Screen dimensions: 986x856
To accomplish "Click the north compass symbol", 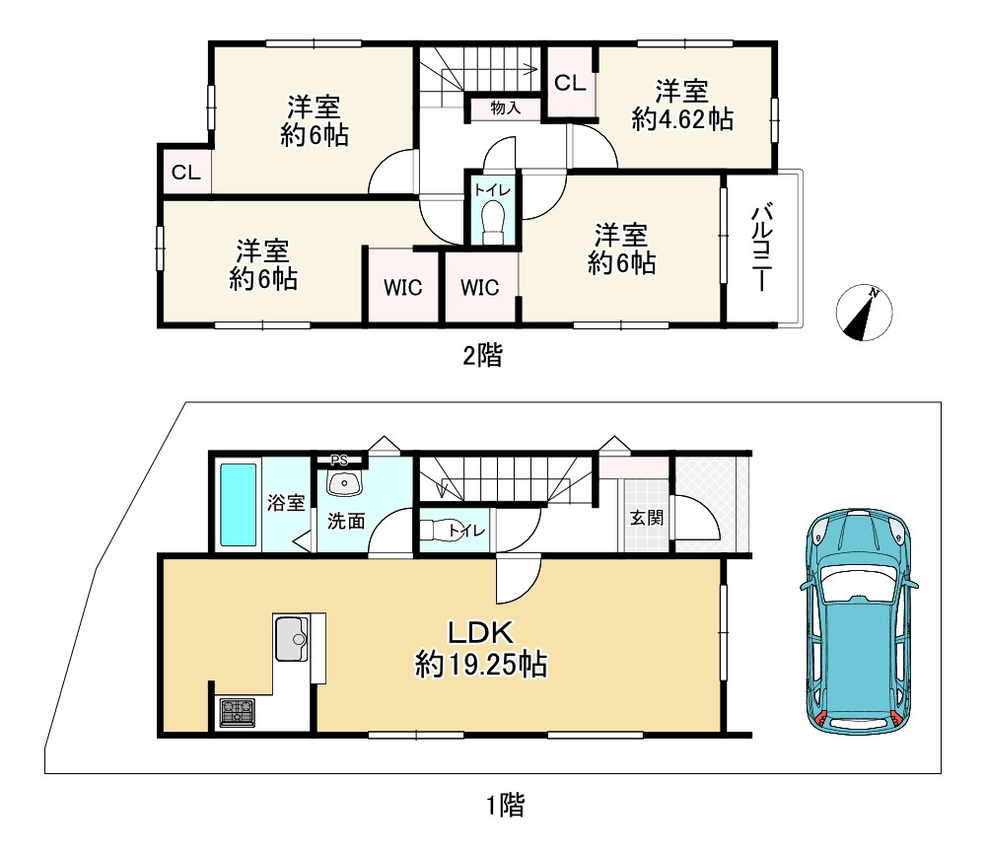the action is pos(864,313).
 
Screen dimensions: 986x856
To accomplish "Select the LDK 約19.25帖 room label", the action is pos(481,649).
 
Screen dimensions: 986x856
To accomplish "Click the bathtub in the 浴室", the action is pos(239,504).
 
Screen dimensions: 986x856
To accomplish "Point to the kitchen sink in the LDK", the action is pos(291,638).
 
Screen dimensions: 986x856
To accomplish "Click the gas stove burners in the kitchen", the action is pos(237,713).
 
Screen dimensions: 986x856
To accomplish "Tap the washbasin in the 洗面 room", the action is pos(343,483).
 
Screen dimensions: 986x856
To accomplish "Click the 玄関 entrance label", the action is pos(647,518).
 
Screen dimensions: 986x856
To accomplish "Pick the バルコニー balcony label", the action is pos(762,248).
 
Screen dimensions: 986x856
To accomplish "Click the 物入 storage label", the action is pos(506,108).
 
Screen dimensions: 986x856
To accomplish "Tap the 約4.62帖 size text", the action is pos(682,119).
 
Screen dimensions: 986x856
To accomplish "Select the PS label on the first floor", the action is pos(339,460).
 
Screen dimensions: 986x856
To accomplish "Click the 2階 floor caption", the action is pos(483,356).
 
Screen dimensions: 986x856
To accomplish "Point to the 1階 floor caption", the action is pos(505,805).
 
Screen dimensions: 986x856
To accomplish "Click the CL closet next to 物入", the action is pos(570,83).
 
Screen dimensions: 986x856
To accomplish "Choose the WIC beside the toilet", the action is pos(480,287).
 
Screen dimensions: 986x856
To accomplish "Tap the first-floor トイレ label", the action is pos(467,532).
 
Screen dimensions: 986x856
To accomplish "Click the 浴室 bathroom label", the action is pos(286,503).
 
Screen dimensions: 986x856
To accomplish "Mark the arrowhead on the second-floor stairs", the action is pos(533,69).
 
